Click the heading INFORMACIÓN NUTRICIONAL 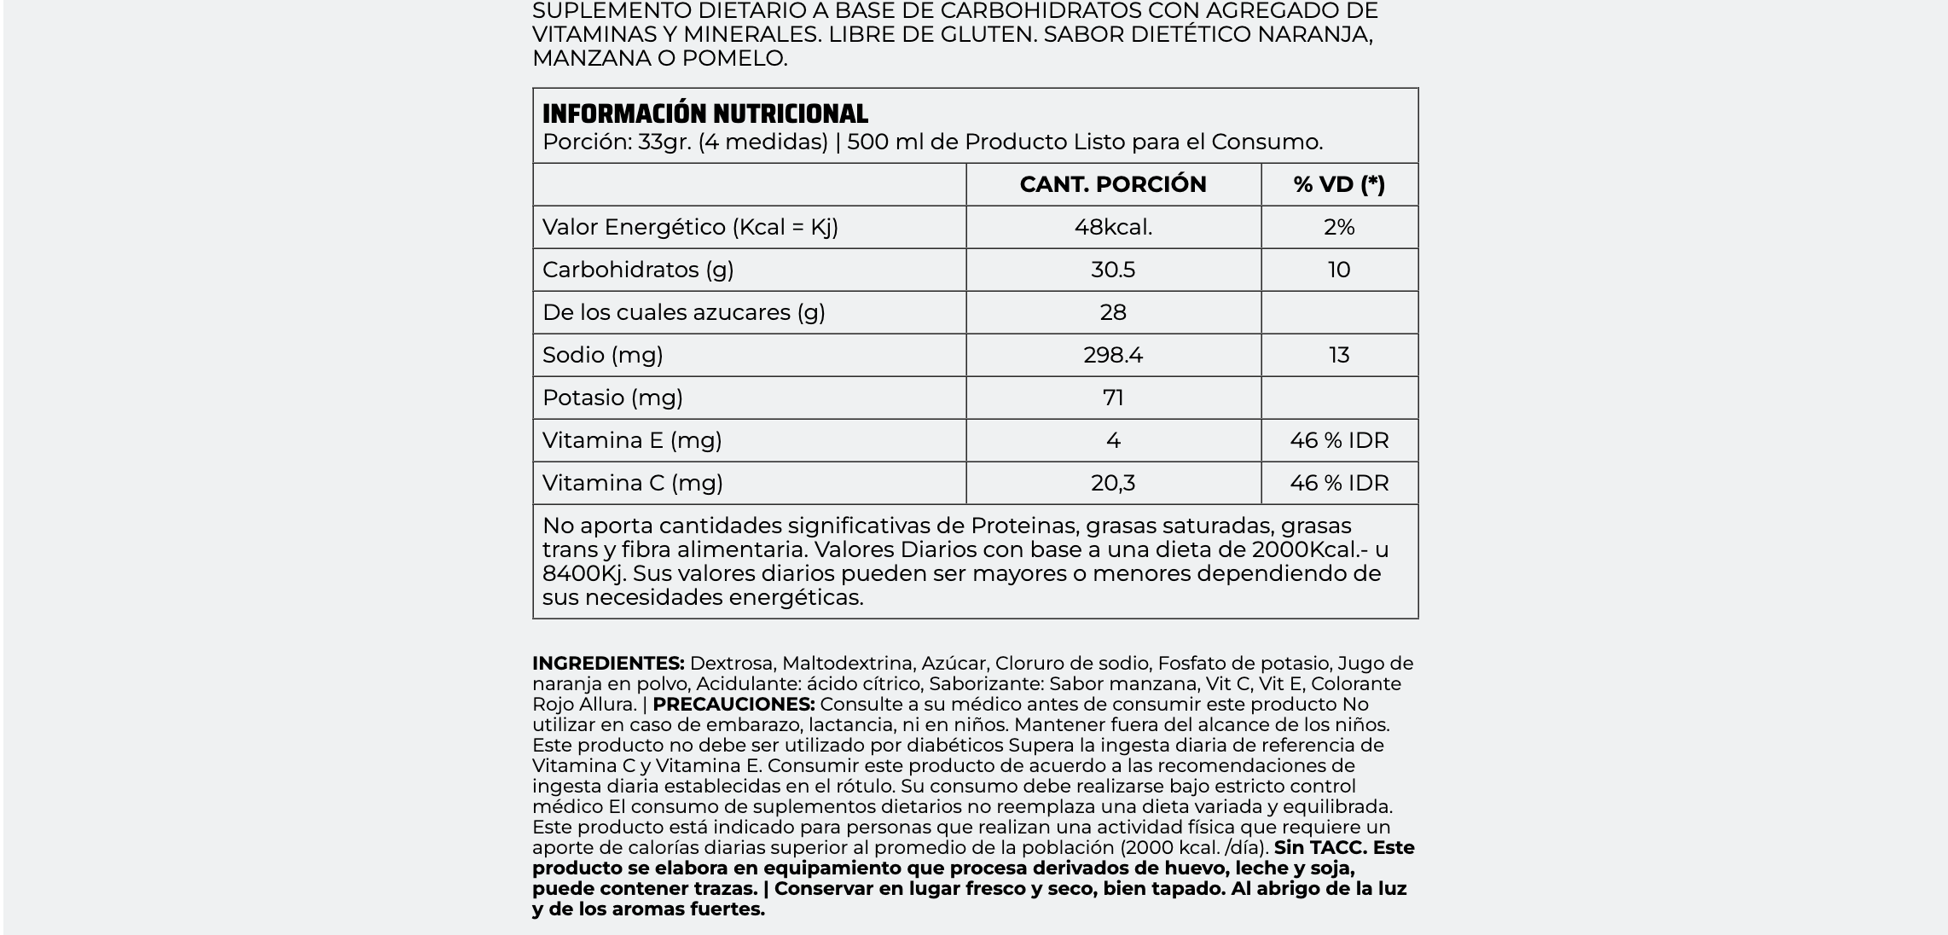704,114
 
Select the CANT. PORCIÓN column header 1112,184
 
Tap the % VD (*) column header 1339,184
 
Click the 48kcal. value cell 1112,227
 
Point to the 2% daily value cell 1339,227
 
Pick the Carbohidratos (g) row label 638,270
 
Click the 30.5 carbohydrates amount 1112,270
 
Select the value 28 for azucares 1112,312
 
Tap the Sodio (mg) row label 602,355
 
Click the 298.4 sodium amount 1112,355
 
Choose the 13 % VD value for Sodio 1339,355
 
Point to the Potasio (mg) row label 612,398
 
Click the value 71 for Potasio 1112,398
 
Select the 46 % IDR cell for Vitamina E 1339,440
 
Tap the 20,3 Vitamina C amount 1112,483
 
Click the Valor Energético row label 690,227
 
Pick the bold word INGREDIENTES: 608,664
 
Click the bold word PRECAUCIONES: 733,705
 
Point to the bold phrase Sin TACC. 1319,848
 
